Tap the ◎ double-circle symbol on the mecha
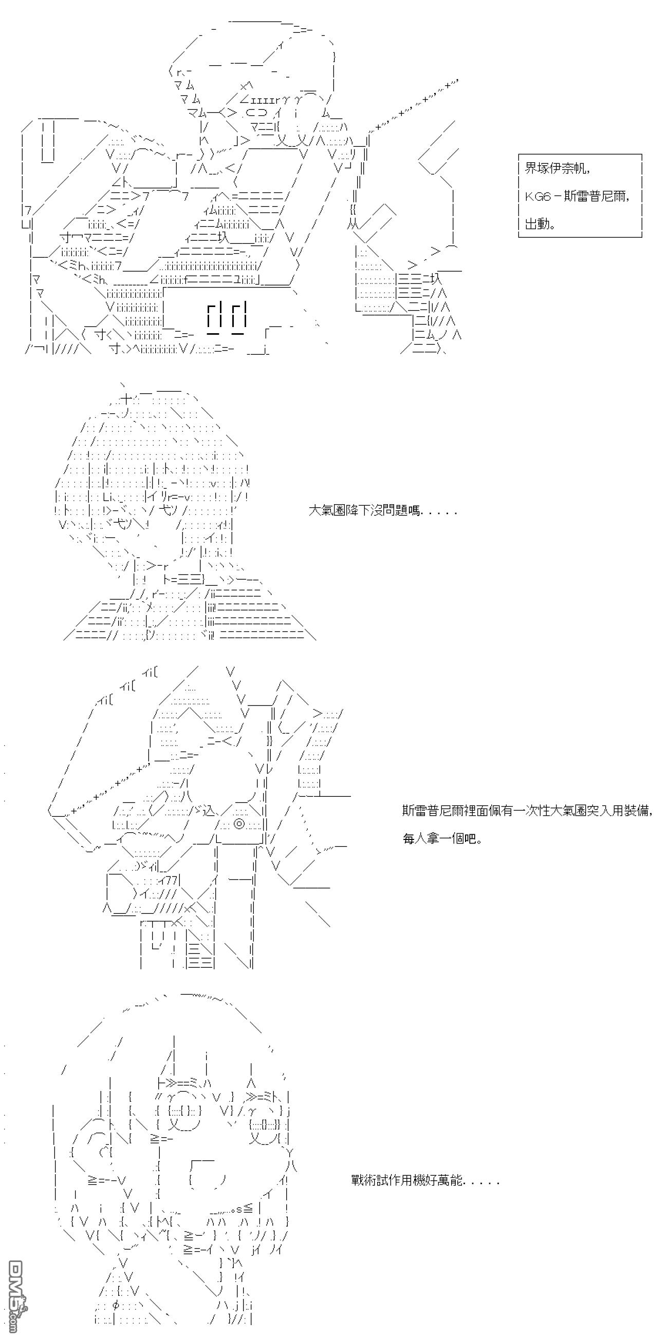(239, 824)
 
